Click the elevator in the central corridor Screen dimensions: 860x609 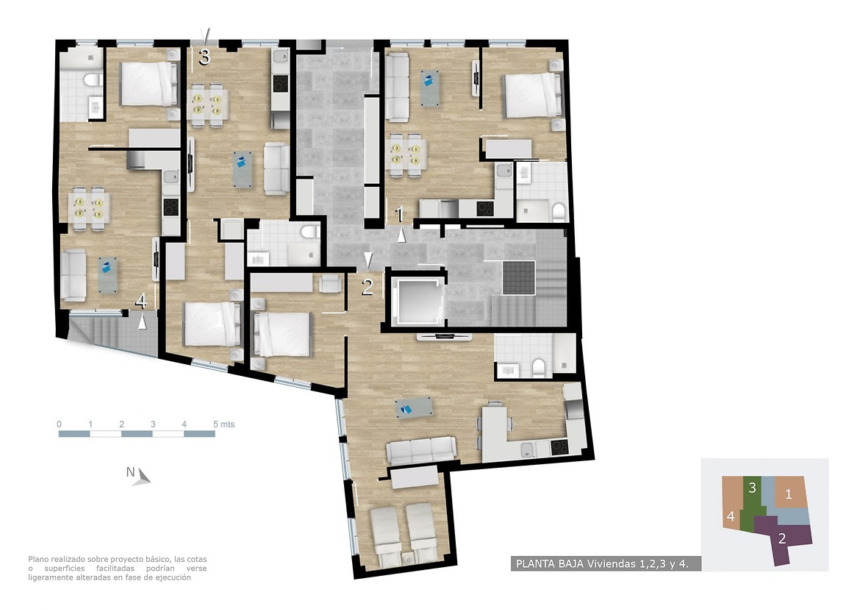coord(416,302)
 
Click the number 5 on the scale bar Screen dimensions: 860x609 coord(215,424)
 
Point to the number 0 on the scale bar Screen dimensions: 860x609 coord(60,424)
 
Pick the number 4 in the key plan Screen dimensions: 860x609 coord(731,516)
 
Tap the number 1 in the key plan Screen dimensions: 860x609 coord(789,494)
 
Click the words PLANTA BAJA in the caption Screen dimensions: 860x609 coord(550,563)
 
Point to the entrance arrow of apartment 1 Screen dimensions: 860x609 coord(401,235)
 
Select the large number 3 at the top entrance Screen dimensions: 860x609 coord(204,57)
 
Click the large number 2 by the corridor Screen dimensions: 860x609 coord(367,286)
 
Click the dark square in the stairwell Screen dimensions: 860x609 coord(518,277)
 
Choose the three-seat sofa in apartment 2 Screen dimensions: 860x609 coord(421,450)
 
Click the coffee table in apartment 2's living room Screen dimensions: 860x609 coord(414,408)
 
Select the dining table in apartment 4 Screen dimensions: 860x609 coord(89,207)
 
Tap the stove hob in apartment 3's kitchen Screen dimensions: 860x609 coord(281,83)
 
